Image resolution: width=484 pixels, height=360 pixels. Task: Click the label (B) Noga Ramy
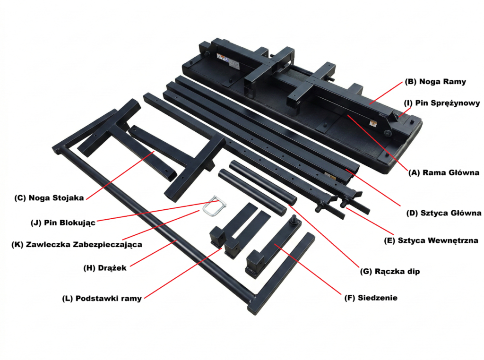pos(435,82)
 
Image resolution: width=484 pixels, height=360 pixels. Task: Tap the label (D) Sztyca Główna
pos(443,213)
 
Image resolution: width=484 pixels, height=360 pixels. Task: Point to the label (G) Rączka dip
pos(390,272)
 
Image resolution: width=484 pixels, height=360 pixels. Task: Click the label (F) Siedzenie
pos(371,298)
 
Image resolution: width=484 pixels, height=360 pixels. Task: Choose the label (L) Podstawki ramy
pos(102,299)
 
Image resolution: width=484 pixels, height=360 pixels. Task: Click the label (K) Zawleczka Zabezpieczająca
pos(77,245)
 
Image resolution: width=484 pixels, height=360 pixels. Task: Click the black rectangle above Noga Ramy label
pos(432,69)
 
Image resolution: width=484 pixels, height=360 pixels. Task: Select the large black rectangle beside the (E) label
pos(446,245)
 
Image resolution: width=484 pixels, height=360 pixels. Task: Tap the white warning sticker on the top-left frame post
pos(222,59)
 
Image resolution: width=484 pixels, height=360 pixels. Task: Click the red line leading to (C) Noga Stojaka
pos(118,174)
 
